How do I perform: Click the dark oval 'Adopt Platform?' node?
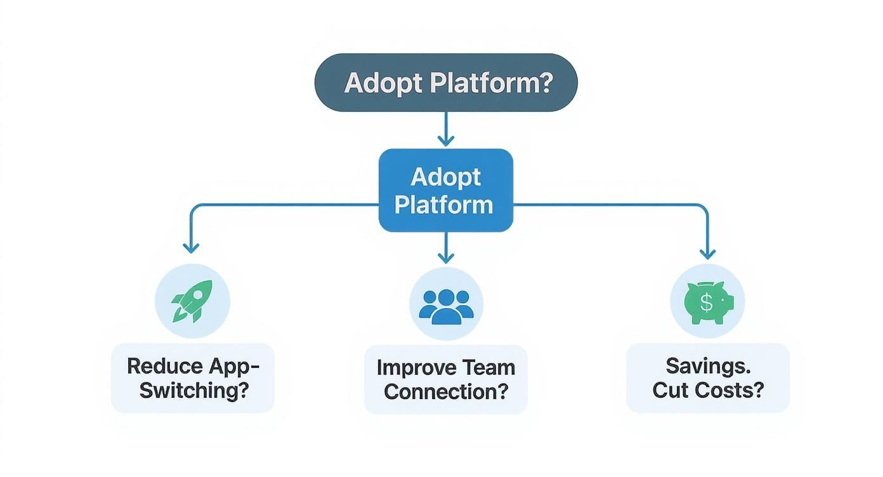(446, 82)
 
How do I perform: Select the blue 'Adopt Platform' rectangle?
(445, 190)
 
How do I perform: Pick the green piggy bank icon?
(709, 302)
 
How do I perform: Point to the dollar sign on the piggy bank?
(706, 303)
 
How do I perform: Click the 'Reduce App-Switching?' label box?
(193, 378)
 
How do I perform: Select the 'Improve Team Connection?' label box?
(445, 379)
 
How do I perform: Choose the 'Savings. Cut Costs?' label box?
(707, 378)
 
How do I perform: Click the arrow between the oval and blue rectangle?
(446, 130)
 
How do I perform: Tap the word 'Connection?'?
(446, 391)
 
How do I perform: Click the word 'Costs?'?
(734, 389)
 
